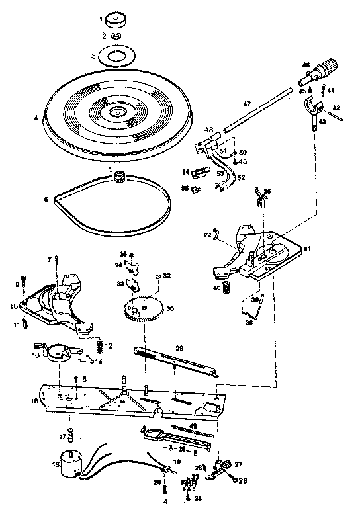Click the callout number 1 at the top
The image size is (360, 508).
coord(102,19)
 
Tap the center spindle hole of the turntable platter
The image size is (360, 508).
coord(118,112)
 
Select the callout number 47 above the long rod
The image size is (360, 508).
coord(246,104)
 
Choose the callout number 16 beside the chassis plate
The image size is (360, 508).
coord(34,400)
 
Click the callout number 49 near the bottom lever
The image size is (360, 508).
coord(194,425)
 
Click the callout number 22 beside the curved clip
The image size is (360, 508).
coord(207,235)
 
